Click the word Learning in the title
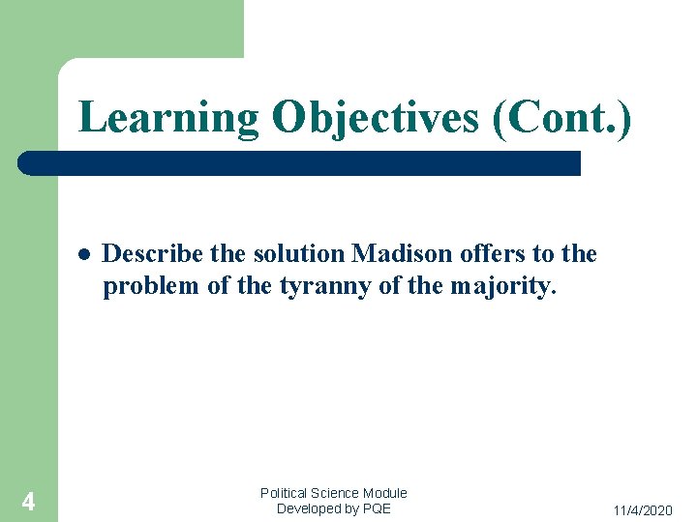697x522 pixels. [168, 118]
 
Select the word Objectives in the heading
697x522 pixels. [375, 118]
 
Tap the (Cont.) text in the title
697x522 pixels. [561, 118]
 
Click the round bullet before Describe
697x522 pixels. [84, 255]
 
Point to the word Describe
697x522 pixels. [152, 254]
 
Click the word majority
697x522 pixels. [500, 286]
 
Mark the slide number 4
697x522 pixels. [28, 502]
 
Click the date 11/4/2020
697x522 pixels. [643, 509]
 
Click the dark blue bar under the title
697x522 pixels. [300, 162]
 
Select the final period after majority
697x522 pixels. [555, 292]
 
